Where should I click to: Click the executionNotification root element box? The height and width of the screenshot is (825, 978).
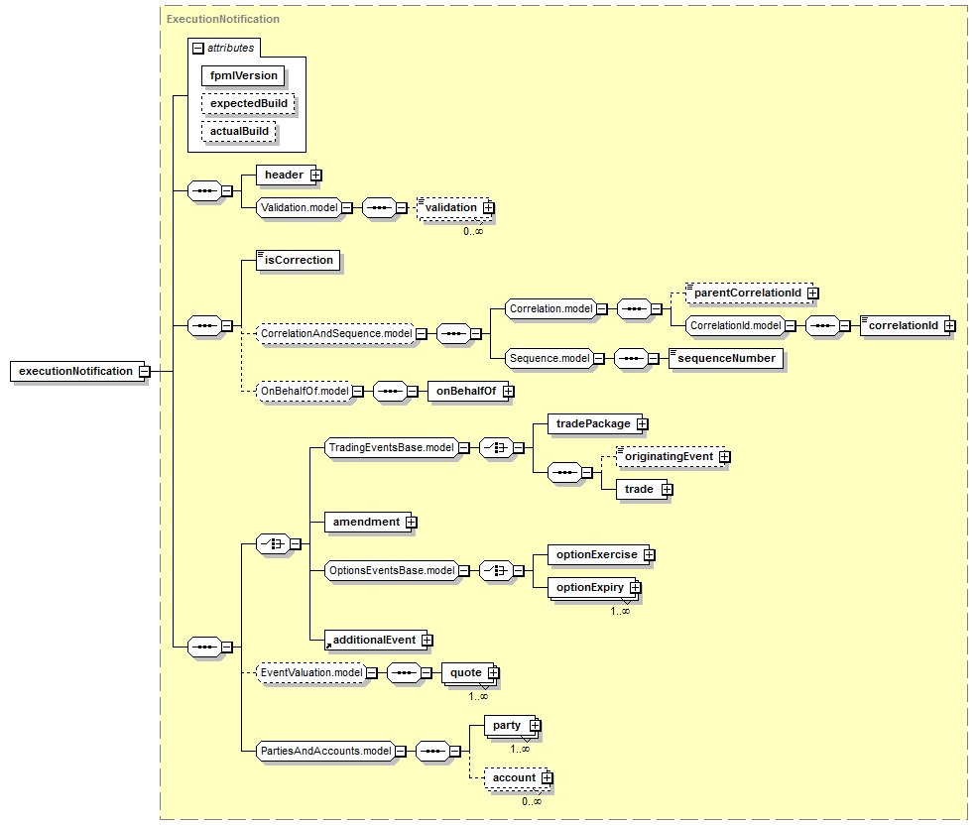[x=78, y=371]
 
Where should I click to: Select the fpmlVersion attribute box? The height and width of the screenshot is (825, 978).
[x=243, y=76]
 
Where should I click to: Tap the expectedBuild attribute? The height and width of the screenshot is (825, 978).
[x=248, y=103]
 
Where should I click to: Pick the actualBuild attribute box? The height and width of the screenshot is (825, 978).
[x=239, y=131]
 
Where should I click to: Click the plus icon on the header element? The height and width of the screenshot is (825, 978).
[x=316, y=176]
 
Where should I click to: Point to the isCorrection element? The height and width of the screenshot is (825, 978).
[x=299, y=260]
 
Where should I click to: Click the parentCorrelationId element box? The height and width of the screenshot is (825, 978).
[x=749, y=294]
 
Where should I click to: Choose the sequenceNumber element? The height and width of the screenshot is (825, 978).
[x=726, y=359]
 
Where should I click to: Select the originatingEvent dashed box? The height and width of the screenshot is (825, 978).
[x=671, y=456]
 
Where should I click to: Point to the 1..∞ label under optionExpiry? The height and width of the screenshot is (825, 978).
[x=620, y=611]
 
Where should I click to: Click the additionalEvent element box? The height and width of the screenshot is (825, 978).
[x=376, y=640]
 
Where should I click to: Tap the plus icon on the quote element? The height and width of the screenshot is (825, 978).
[x=494, y=673]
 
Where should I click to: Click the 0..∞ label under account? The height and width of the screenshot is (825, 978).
[x=532, y=801]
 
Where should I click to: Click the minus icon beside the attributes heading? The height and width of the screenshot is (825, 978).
[x=198, y=48]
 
